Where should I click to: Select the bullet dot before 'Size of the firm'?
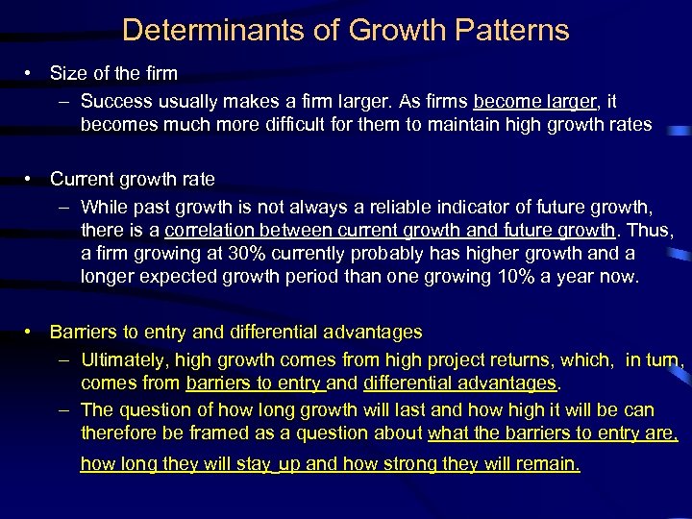(x=32, y=73)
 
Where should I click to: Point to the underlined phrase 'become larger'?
(x=534, y=101)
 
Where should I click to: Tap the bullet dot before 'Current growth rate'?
(x=32, y=180)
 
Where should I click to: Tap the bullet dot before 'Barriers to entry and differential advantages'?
(x=32, y=333)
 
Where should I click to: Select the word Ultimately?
(x=122, y=360)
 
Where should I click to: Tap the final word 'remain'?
(x=547, y=465)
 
